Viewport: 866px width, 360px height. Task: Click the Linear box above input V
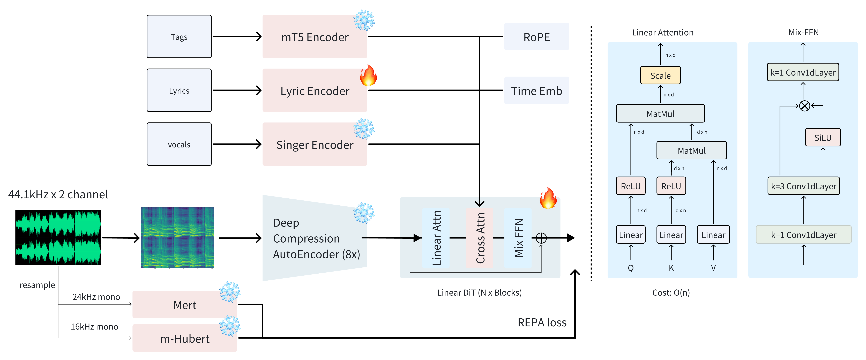pyautogui.click(x=713, y=235)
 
